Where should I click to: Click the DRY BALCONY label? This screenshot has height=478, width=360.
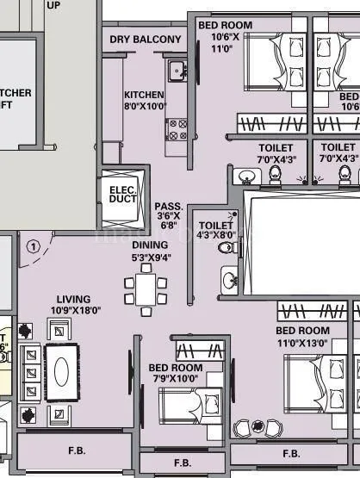click(146, 40)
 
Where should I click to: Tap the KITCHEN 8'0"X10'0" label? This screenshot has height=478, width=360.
click(145, 101)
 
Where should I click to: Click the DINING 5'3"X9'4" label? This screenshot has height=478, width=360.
click(150, 251)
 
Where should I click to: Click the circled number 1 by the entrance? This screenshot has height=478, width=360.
click(33, 245)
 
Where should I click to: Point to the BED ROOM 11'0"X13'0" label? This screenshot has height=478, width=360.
click(302, 337)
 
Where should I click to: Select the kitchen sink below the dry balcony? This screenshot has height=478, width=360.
click(177, 70)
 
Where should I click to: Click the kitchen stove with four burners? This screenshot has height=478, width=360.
click(177, 130)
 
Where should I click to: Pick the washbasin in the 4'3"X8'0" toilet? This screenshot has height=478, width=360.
click(230, 280)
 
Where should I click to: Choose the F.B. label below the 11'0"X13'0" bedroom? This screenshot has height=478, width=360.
click(291, 453)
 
